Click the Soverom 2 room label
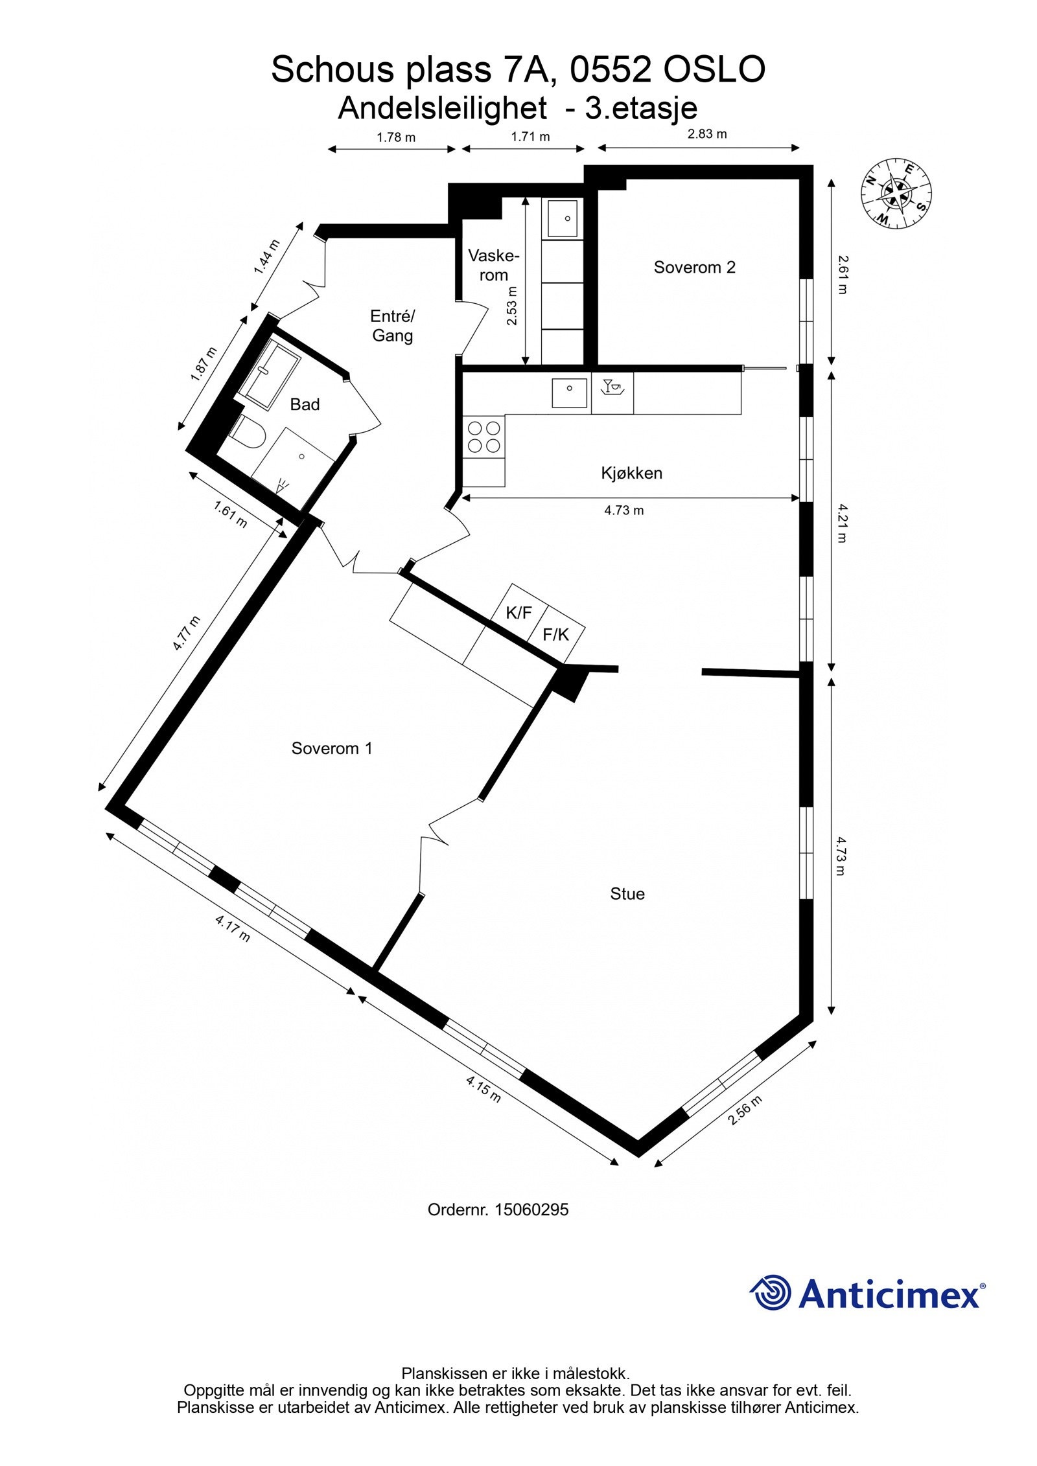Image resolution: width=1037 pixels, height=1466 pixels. pyautogui.click(x=694, y=268)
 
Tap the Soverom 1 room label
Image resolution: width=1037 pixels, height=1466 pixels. pyautogui.click(x=332, y=748)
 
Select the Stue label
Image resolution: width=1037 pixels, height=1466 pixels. pyautogui.click(x=627, y=894)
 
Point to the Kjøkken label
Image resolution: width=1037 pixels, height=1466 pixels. pyautogui.click(x=631, y=473)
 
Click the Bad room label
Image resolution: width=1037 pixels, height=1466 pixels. pyautogui.click(x=305, y=404)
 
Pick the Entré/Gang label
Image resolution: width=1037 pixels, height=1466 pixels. pyautogui.click(x=392, y=326)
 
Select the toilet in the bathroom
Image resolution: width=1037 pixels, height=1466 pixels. pyautogui.click(x=247, y=433)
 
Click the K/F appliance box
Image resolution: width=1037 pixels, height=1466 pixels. pyautogui.click(x=518, y=613)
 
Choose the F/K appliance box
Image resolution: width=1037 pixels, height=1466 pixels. pyautogui.click(x=555, y=635)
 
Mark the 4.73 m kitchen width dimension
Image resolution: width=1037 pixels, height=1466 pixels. pyautogui.click(x=624, y=510)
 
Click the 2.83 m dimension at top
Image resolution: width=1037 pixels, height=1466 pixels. pyautogui.click(x=707, y=134)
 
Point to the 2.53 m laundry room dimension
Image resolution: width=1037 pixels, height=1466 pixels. pyautogui.click(x=512, y=306)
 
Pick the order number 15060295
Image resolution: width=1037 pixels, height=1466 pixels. pyautogui.click(x=531, y=1209)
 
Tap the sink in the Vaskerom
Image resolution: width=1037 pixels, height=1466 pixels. pyautogui.click(x=563, y=218)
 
